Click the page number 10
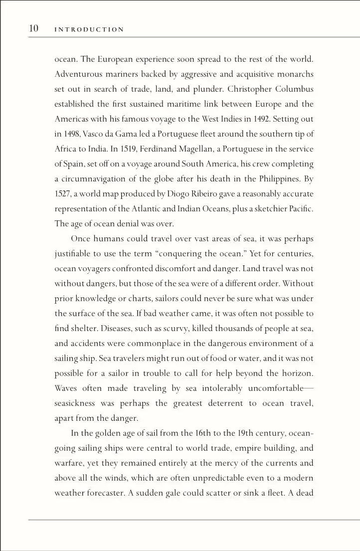click(x=34, y=28)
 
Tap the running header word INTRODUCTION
click(x=89, y=29)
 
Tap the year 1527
click(x=63, y=194)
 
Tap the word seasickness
click(x=75, y=403)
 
